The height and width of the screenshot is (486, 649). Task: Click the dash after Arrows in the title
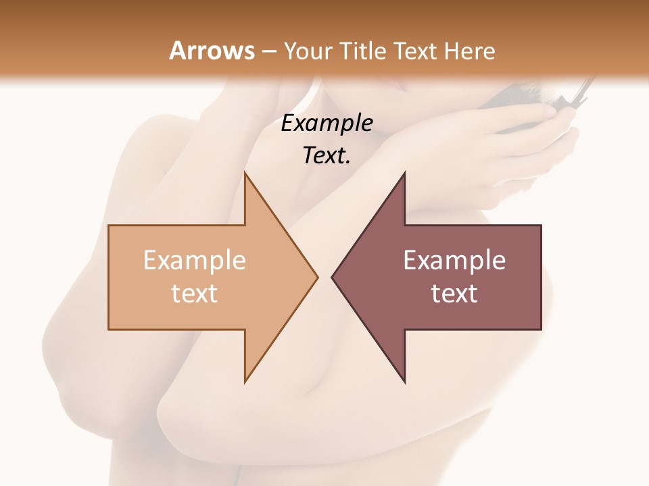pyautogui.click(x=269, y=52)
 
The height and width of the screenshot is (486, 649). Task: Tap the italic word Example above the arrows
pyautogui.click(x=327, y=123)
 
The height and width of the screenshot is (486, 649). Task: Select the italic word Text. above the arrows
pyautogui.click(x=325, y=156)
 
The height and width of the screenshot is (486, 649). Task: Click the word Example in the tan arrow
pyautogui.click(x=195, y=260)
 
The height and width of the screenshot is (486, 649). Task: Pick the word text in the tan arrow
pyautogui.click(x=195, y=294)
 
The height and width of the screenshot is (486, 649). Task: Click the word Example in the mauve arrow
pyautogui.click(x=454, y=260)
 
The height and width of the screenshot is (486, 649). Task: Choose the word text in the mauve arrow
pyautogui.click(x=454, y=294)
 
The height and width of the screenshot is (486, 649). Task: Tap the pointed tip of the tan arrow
pyautogui.click(x=316, y=277)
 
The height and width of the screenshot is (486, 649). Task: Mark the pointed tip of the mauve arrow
pyautogui.click(x=333, y=277)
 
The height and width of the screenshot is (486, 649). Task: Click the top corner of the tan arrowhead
pyautogui.click(x=245, y=173)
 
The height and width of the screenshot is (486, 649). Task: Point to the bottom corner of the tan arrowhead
pyautogui.click(x=245, y=381)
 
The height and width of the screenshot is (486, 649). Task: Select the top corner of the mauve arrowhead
pyautogui.click(x=404, y=173)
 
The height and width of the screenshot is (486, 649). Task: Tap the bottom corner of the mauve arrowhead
pyautogui.click(x=404, y=381)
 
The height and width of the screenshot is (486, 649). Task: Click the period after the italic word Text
pyautogui.click(x=349, y=163)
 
